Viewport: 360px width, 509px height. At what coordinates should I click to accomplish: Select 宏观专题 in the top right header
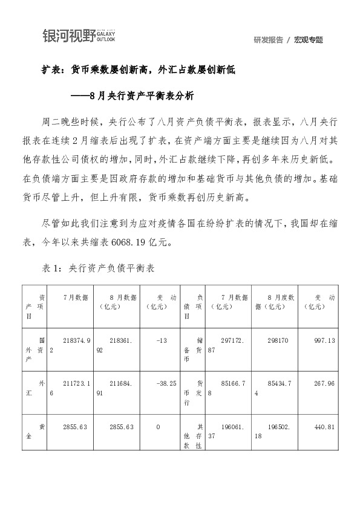tap(309, 40)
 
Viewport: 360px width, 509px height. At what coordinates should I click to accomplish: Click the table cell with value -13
tap(161, 341)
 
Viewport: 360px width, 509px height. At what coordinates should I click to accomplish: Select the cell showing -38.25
tap(165, 383)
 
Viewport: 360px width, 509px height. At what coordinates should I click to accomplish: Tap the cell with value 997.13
tap(326, 341)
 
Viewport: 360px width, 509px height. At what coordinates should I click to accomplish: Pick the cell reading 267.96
tap(326, 383)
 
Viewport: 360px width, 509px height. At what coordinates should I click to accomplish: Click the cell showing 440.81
tap(326, 427)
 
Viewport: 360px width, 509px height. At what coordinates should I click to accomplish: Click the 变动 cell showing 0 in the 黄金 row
tap(159, 427)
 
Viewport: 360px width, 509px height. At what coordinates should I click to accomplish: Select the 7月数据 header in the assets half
tap(76, 297)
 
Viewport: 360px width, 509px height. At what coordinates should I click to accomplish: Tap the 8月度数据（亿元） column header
tap(276, 302)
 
